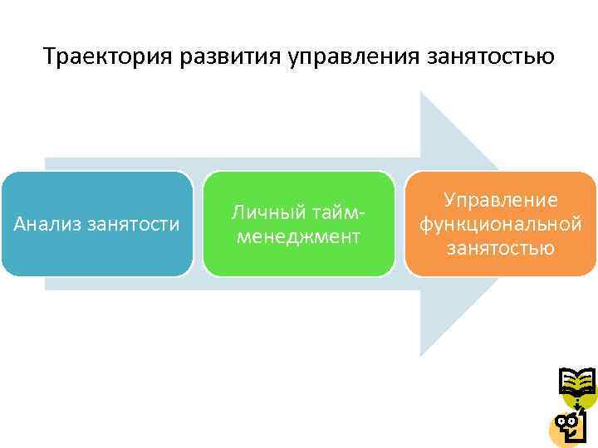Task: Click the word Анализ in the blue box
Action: click(47, 224)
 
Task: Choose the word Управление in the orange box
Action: click(500, 200)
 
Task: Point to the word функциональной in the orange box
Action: click(500, 224)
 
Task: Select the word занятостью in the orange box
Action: click(500, 247)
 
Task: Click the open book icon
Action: click(577, 382)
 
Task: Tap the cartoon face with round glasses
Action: click(571, 426)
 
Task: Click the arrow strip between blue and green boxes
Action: click(199, 224)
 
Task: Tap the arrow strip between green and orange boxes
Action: click(399, 224)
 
